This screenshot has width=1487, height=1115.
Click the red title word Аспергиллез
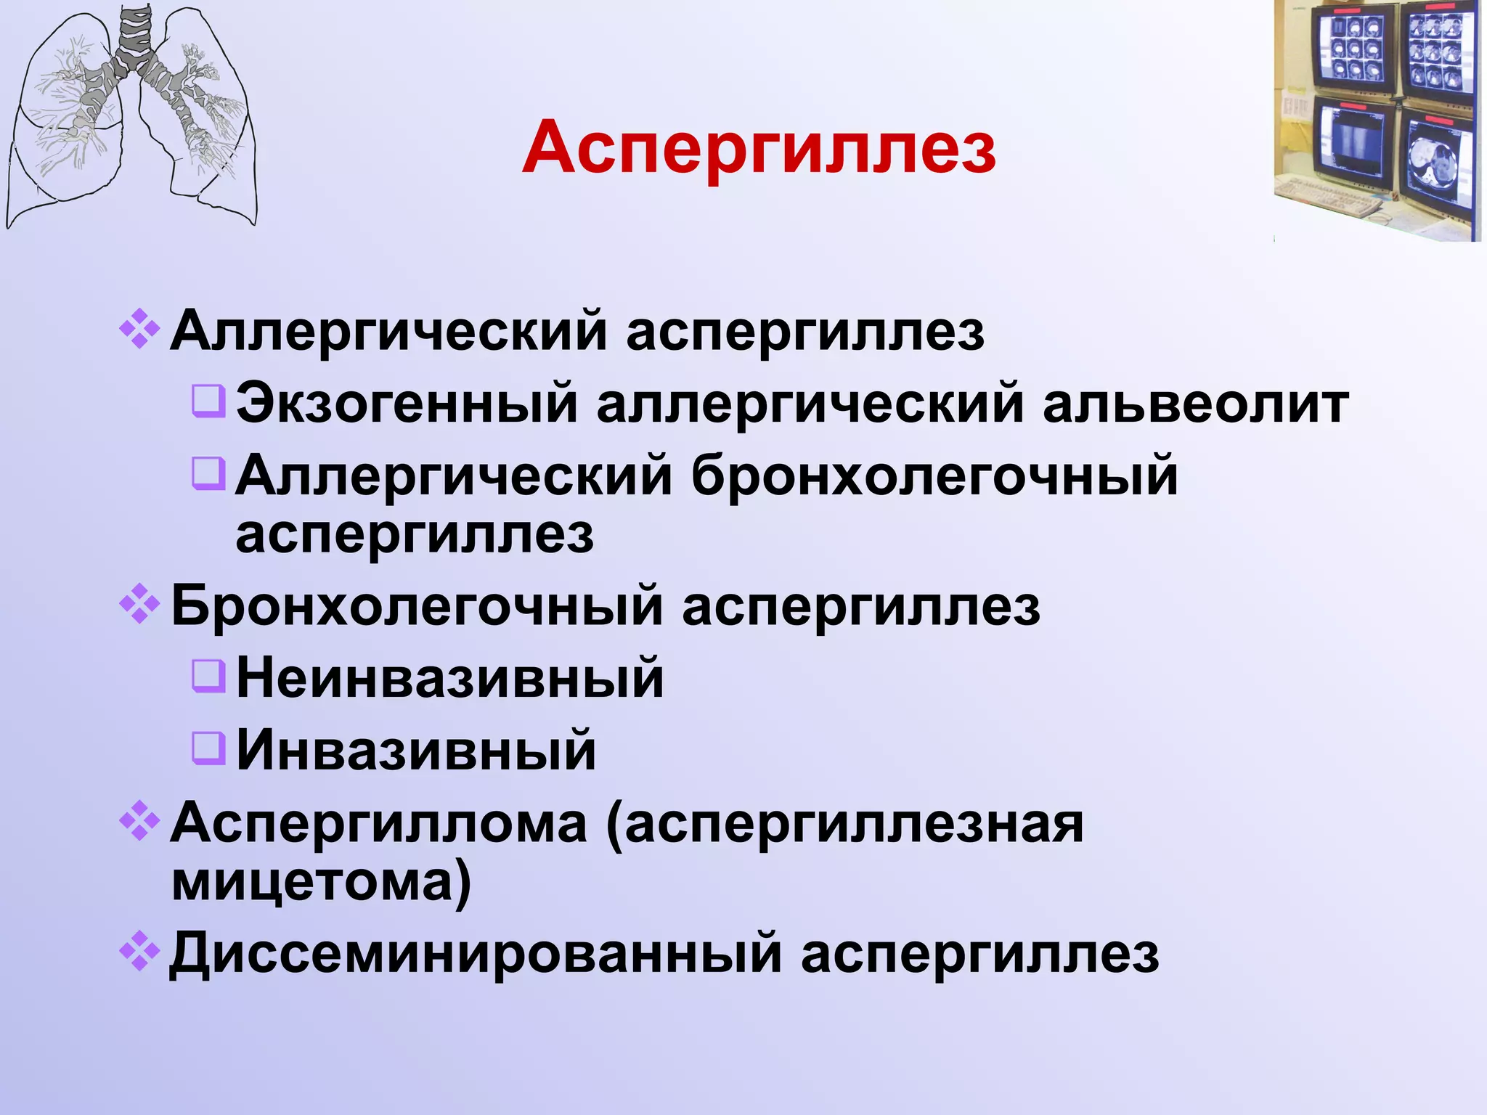[759, 149]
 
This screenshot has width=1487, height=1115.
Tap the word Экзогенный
[407, 404]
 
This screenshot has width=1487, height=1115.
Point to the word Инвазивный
[416, 751]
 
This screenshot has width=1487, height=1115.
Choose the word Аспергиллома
[378, 825]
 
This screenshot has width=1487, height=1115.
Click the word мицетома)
[322, 883]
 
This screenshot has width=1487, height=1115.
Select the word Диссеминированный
[476, 954]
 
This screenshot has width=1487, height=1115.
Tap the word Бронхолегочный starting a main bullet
[417, 605]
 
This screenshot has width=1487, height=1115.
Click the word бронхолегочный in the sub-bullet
[934, 476]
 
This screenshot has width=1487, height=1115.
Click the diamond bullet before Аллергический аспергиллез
[139, 330]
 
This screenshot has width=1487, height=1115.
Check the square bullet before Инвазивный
[209, 746]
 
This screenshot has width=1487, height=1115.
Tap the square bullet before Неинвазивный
[209, 673]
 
